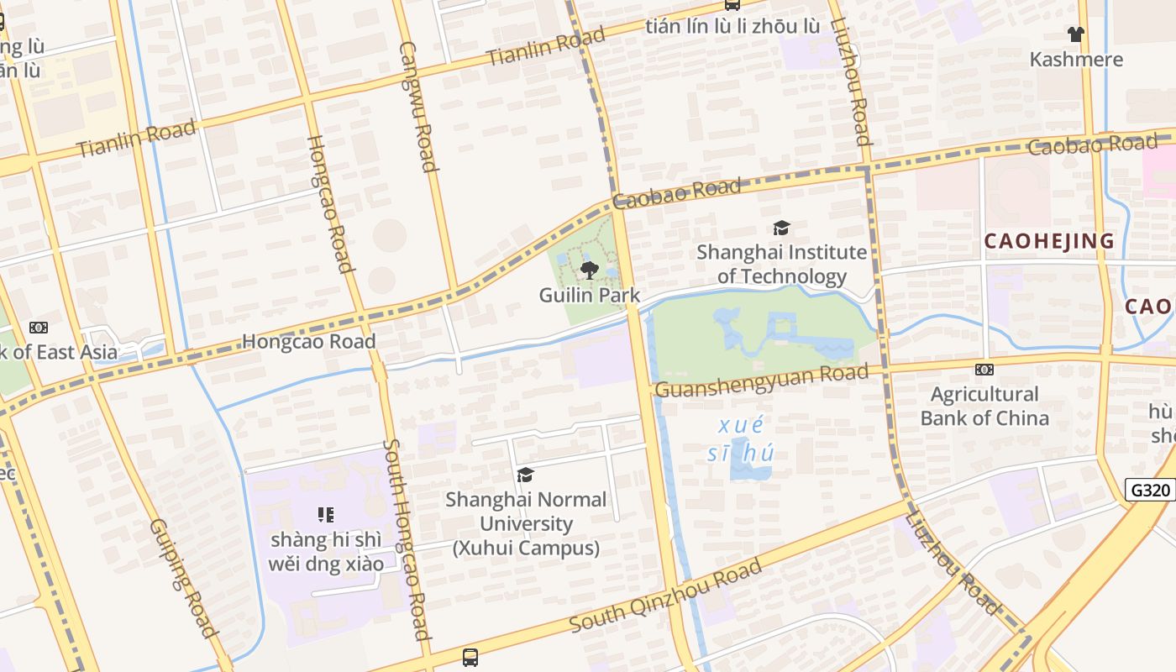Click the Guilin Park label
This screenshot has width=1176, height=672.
590,295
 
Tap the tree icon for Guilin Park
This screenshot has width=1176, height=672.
590,270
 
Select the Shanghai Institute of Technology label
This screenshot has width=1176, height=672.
782,264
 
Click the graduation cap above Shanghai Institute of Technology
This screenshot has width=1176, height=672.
782,228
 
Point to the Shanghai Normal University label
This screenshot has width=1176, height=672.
526,523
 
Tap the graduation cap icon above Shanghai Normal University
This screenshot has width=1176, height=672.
526,475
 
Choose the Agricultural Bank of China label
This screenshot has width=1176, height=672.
984,406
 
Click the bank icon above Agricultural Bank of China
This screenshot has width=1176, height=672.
984,370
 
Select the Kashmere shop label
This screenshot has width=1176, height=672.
1076,60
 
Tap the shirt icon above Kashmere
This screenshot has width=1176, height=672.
1076,34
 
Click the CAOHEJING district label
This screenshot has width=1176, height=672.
1049,241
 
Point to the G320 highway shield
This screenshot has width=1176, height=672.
1150,490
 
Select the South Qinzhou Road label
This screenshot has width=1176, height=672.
665,596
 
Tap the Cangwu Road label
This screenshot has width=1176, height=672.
417,106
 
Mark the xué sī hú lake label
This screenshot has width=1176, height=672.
740,438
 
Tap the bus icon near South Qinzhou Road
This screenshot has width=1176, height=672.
470,657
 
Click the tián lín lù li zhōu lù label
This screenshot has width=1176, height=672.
732,26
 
